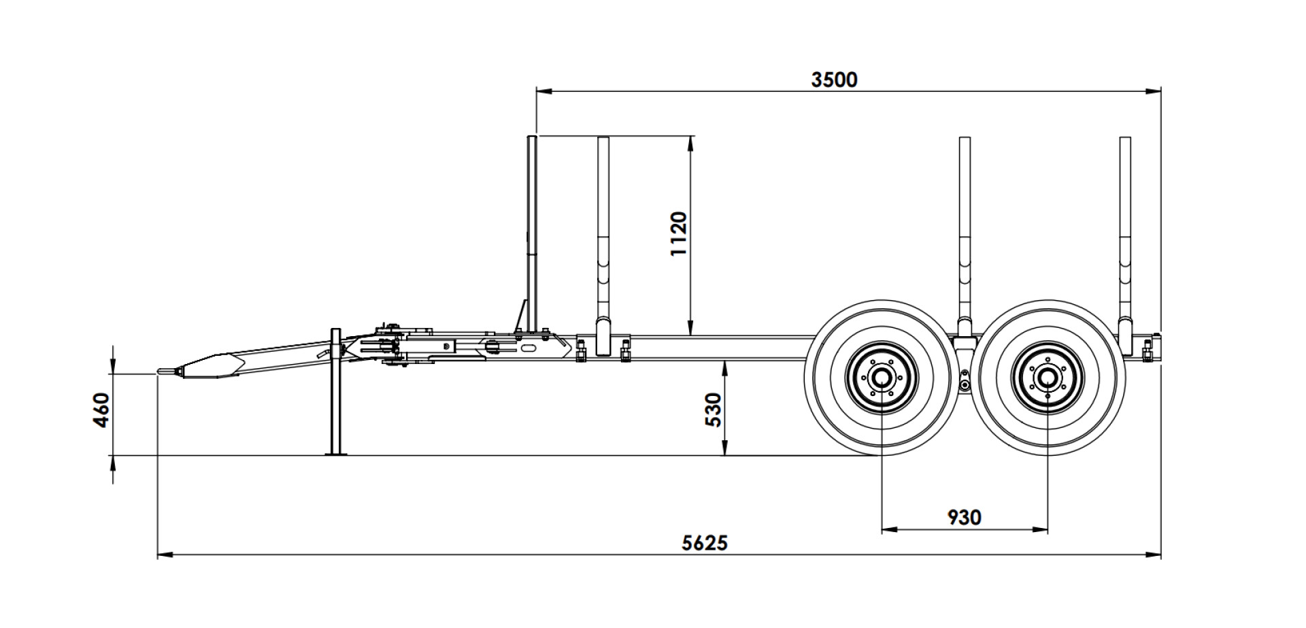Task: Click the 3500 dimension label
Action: point(835,80)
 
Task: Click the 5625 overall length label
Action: point(705,542)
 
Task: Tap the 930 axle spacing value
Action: point(965,517)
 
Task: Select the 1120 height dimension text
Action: point(679,233)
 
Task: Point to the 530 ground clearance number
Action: point(712,409)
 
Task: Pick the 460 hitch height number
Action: point(101,410)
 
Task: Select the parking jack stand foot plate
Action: point(335,453)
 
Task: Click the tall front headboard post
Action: point(532,235)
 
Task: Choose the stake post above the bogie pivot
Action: point(965,238)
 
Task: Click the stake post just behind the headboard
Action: point(603,245)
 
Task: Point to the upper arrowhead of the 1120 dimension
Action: point(691,144)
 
